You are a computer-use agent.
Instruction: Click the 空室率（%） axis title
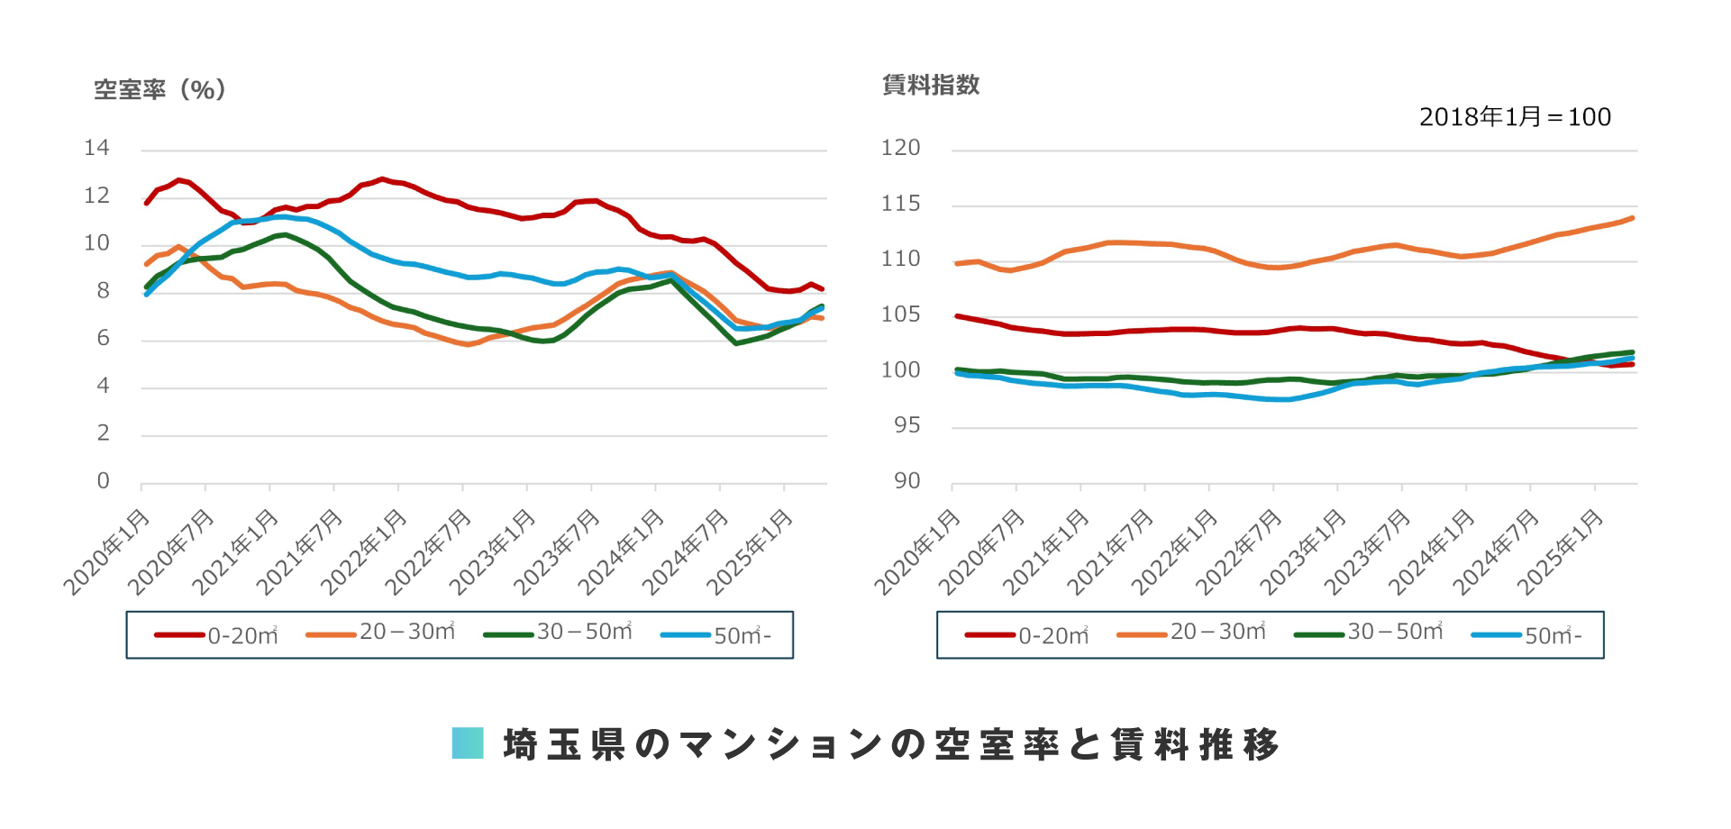[159, 89]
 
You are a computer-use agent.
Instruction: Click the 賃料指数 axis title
[931, 85]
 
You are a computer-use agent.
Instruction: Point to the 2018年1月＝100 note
[1515, 117]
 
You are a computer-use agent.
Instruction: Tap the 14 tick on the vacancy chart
[96, 148]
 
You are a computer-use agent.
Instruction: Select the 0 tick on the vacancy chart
[103, 481]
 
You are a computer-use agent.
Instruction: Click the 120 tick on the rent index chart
[900, 148]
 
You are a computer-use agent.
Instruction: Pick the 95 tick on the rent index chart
[906, 425]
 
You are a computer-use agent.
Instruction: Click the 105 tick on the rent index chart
[900, 314]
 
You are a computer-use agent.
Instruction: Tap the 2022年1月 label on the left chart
[365, 551]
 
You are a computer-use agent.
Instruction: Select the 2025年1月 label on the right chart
[1562, 551]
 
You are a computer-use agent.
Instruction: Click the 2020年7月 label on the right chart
[983, 551]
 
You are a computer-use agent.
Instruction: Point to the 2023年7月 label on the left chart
[558, 551]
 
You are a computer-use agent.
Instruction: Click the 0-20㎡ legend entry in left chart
[217, 635]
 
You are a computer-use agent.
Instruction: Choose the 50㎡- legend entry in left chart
[716, 635]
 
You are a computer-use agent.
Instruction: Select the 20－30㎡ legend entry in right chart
[1191, 633]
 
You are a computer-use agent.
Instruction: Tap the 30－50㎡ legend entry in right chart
[1369, 633]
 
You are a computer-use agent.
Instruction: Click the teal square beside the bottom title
[468, 743]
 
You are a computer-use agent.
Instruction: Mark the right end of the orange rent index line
[1632, 218]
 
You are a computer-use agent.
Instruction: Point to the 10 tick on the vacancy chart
[96, 243]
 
